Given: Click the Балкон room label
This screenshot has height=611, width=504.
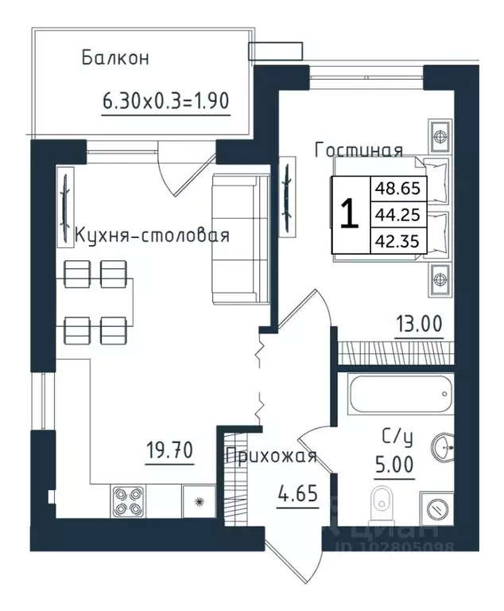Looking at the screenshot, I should pos(114,58).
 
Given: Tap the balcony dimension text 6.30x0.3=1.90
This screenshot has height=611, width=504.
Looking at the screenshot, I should pos(166,101).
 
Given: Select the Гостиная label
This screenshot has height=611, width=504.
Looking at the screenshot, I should pos(359,150).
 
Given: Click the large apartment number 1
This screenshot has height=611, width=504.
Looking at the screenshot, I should pos(348,214).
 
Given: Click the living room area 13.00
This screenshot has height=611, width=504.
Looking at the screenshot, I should pos(419,325).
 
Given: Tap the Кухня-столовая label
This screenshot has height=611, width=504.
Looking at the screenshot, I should pos(152,235).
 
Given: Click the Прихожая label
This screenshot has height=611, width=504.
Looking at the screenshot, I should pos(271,456).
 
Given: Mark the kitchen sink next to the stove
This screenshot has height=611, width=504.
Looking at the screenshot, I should pos(196,502).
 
